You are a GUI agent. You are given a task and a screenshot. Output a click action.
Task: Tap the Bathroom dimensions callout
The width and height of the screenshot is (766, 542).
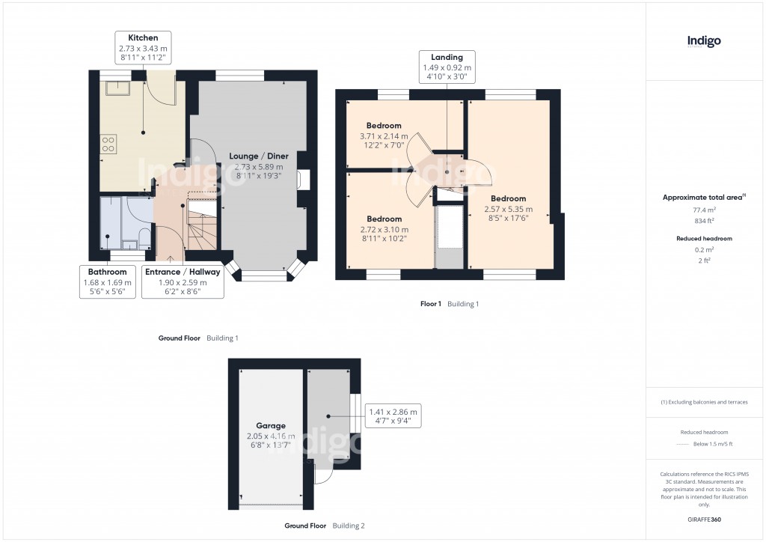coord(107,282)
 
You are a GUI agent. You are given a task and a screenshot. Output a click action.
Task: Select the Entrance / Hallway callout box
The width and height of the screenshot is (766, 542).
coord(183,282)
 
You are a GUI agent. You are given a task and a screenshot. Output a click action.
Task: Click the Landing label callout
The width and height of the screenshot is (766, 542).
coord(447,67)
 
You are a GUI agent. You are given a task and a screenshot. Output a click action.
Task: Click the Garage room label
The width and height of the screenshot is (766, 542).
coord(271,425)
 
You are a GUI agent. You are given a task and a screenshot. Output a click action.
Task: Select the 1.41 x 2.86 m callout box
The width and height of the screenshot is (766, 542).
coord(393,416)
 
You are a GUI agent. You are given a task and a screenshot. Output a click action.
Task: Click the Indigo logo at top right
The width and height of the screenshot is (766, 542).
coord(704,41)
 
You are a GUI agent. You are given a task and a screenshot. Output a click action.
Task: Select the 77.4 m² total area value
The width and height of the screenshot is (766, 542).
coord(704,211)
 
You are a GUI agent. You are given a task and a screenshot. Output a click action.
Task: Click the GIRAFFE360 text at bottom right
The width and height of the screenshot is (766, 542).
coord(705,519)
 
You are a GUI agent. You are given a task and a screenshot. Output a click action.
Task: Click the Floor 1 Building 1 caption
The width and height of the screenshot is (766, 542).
coord(449,305)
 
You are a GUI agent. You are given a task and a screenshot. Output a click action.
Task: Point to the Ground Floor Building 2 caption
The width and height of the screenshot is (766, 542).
coord(325,526)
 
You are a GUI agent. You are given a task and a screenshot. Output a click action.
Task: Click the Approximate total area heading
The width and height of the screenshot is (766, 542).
coord(703,197)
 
